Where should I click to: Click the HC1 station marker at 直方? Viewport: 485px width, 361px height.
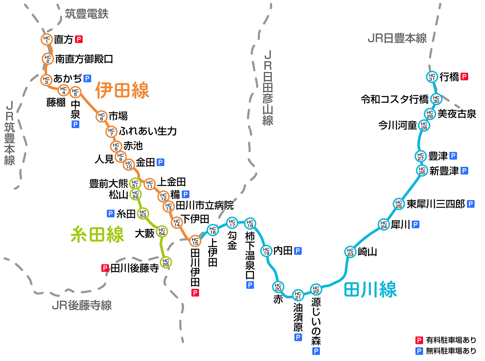click(x=47, y=39)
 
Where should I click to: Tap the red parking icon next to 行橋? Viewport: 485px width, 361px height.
click(x=464, y=77)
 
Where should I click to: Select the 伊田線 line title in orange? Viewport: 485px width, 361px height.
click(x=122, y=90)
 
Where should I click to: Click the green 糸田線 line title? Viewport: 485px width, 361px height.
click(x=97, y=234)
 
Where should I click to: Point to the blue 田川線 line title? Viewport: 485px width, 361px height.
click(x=370, y=289)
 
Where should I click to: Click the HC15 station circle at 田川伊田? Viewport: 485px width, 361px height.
click(x=195, y=241)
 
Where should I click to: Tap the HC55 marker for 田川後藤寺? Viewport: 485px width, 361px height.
click(x=166, y=262)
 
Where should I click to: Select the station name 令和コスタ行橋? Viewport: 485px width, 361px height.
click(x=394, y=99)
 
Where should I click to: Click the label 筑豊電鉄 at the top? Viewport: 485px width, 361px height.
click(x=87, y=14)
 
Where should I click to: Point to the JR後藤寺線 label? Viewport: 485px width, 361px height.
click(x=82, y=305)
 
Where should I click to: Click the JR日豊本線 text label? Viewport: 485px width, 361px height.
click(x=397, y=38)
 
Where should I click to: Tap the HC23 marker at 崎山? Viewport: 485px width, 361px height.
click(x=350, y=252)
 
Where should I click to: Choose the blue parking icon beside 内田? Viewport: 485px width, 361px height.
click(x=298, y=251)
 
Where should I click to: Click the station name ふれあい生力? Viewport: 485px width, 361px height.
click(x=148, y=131)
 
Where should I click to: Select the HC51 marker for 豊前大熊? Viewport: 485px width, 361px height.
click(x=135, y=184)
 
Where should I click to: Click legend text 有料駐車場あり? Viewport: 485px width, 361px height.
click(x=451, y=340)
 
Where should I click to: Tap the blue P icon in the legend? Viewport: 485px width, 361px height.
click(x=419, y=351)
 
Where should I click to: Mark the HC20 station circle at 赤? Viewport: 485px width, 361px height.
click(x=278, y=287)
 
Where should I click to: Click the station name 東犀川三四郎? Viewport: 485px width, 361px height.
click(x=435, y=204)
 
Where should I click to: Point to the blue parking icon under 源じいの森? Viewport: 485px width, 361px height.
click(x=316, y=351)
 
